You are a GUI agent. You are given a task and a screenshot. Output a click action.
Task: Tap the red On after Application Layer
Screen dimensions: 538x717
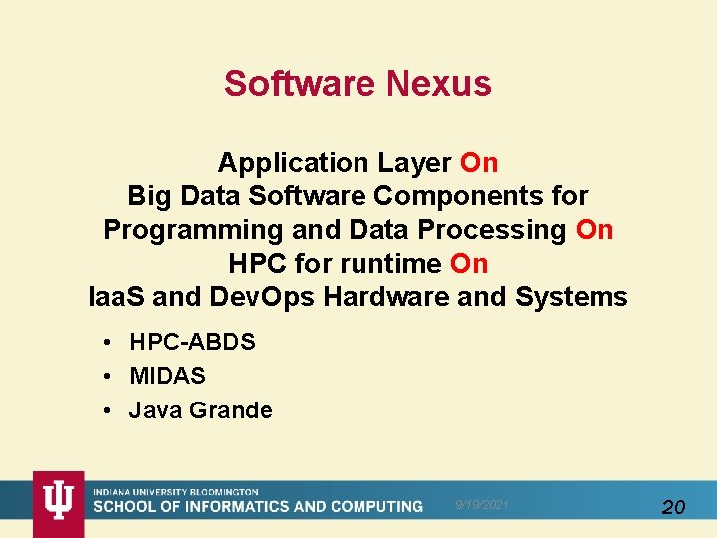pyautogui.click(x=479, y=162)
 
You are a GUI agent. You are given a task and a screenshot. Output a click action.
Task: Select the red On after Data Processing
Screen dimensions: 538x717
pyautogui.click(x=595, y=230)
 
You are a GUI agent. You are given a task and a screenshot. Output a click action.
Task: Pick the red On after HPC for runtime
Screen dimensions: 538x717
pyautogui.click(x=469, y=264)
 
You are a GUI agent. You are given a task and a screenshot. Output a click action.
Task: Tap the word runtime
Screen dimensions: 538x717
pyautogui.click(x=399, y=264)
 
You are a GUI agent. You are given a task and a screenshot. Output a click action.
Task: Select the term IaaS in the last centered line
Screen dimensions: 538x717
pyautogui.click(x=117, y=297)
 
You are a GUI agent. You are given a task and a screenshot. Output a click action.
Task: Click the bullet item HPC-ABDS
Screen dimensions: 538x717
pyautogui.click(x=192, y=342)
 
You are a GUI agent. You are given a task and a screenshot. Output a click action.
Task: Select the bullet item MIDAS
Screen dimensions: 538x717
pyautogui.click(x=167, y=376)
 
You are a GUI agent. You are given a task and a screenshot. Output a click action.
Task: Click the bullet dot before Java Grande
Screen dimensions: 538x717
pyautogui.click(x=107, y=410)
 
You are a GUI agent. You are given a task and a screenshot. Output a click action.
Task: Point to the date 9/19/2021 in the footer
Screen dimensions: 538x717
pyautogui.click(x=482, y=505)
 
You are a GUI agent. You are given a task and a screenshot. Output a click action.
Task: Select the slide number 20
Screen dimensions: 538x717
pyautogui.click(x=673, y=507)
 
